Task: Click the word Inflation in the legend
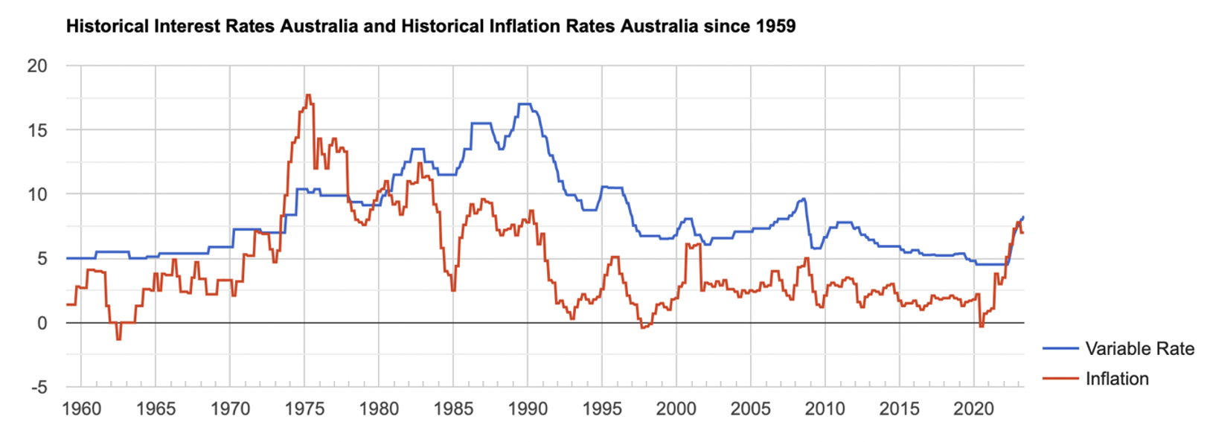(1116, 379)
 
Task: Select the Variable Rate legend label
(1139, 348)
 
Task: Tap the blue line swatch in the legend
(1060, 348)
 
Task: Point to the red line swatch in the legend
(1060, 379)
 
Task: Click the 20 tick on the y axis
(37, 65)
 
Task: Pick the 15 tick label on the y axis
(37, 130)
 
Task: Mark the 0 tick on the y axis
(42, 323)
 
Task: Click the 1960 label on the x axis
(81, 409)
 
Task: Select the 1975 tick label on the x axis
(304, 409)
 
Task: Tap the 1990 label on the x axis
(528, 409)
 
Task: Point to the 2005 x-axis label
(750, 409)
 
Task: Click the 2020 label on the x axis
(973, 409)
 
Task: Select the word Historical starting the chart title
(108, 27)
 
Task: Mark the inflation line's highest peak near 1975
(308, 95)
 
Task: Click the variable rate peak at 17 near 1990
(524, 104)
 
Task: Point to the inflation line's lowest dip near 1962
(118, 339)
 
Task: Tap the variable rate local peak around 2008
(803, 199)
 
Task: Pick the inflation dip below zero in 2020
(981, 327)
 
